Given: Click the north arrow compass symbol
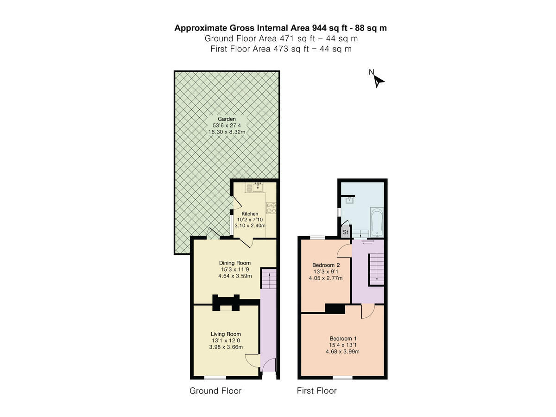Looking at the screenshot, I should (x=379, y=81).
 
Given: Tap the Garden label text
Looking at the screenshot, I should (x=227, y=119).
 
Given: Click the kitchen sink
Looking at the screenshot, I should (x=254, y=188).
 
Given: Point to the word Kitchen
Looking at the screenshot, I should (x=250, y=214).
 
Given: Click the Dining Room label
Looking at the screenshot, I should (x=235, y=263).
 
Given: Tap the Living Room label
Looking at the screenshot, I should (x=226, y=334).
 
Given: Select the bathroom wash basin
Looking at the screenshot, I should (x=349, y=201).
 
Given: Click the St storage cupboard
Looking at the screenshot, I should (x=345, y=232).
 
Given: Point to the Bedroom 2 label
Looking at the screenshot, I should (x=326, y=265).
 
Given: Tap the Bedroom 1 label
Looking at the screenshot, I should (x=343, y=338).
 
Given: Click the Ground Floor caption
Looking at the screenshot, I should (x=215, y=391).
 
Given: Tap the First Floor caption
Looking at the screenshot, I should (x=316, y=391).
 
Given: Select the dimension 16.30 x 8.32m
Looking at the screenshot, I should (x=227, y=132).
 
